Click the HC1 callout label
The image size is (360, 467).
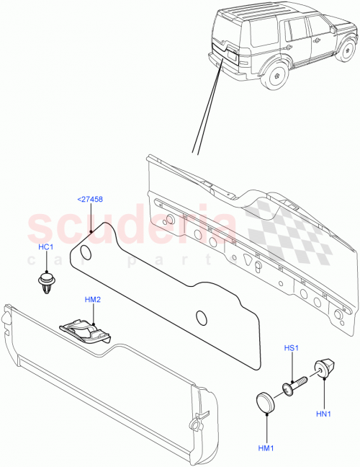(x=48, y=246)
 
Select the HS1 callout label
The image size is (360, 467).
(x=291, y=350)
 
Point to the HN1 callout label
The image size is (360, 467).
(x=324, y=414)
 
